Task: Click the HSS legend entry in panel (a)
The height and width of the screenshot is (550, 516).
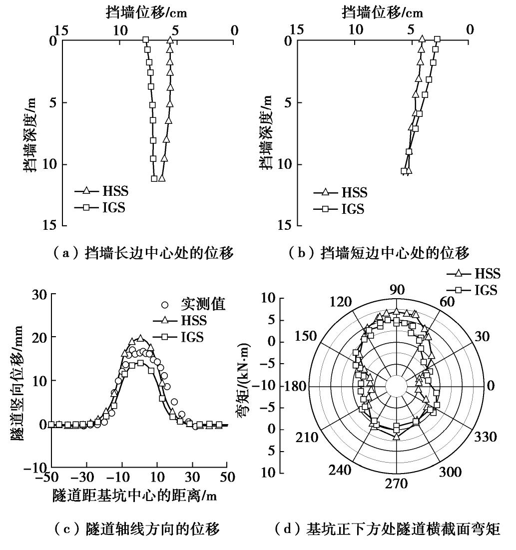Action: coord(102,191)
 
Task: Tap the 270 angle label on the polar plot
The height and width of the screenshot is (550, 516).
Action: coord(396,484)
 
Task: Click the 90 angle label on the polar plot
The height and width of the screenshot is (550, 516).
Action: coord(396,291)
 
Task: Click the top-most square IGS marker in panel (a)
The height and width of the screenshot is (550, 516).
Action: coord(146,39)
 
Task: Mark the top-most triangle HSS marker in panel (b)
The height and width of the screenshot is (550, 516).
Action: coord(422,39)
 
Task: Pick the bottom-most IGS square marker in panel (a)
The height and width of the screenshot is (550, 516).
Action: coord(154,178)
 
